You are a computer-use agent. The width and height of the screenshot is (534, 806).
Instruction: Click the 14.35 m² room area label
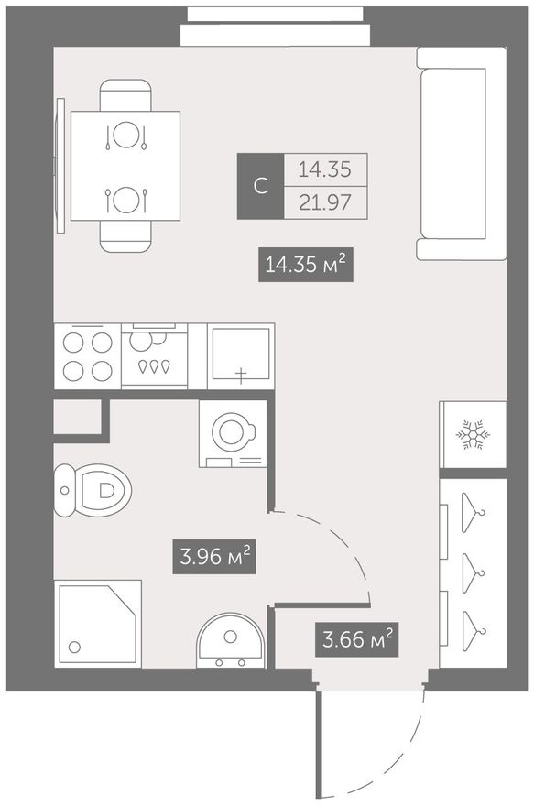click(305, 265)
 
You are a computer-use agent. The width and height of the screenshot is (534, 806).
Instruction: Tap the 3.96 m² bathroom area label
click(214, 556)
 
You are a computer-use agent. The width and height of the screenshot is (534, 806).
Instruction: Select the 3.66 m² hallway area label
click(357, 640)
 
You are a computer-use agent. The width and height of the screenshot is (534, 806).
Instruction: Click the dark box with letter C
click(260, 186)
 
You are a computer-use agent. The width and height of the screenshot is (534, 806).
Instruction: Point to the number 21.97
click(325, 202)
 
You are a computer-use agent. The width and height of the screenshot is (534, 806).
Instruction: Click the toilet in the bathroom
click(93, 490)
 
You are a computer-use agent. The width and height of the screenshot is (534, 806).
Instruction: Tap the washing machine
click(233, 434)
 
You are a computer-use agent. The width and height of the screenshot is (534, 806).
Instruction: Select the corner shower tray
click(98, 624)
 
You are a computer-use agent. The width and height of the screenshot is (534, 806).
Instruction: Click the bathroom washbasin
click(230, 640)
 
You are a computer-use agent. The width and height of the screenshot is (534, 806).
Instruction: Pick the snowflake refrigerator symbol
click(473, 435)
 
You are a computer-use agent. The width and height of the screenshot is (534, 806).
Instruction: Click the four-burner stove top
click(87, 356)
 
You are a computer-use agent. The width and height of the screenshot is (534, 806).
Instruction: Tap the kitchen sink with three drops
click(154, 355)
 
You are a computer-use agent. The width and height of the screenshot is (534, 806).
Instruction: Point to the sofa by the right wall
click(461, 154)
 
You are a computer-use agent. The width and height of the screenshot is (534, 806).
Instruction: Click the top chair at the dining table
click(125, 95)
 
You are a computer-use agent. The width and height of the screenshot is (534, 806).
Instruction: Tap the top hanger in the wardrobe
click(472, 513)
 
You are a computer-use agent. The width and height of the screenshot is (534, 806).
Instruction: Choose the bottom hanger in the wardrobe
click(472, 631)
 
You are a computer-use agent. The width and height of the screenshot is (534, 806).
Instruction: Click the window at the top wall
click(275, 27)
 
